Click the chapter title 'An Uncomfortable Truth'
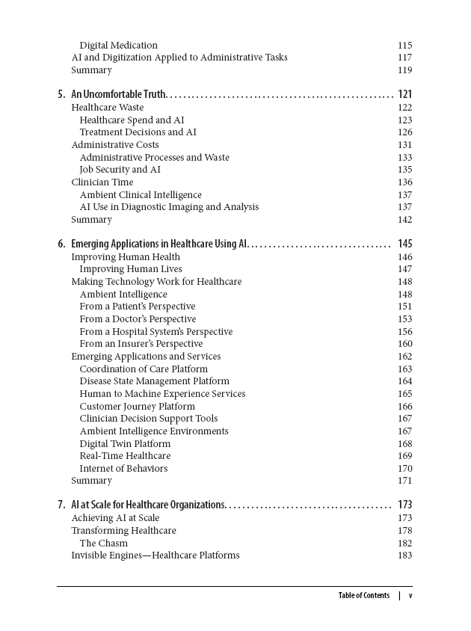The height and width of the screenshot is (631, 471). (118, 94)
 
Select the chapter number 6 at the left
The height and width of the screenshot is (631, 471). (61, 244)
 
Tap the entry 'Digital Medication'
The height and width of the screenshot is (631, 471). (118, 45)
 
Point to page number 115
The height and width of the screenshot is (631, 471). (404, 45)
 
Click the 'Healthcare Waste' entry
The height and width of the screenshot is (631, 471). (107, 107)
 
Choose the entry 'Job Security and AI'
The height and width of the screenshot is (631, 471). (120, 170)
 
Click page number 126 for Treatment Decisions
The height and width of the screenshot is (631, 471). (404, 132)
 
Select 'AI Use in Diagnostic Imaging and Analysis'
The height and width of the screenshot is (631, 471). (169, 207)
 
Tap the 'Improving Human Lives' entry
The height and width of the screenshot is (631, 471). (131, 269)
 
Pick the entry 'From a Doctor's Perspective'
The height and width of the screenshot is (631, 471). (138, 319)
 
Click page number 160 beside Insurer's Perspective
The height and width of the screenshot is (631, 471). (404, 344)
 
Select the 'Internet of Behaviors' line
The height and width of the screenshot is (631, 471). (123, 469)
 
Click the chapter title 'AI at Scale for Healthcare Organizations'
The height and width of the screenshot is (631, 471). (148, 505)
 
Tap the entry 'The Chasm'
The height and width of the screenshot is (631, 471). (103, 544)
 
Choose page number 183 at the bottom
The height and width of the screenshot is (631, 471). (404, 555)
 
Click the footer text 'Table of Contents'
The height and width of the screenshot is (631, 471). (363, 596)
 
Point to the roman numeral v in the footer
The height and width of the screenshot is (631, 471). (410, 596)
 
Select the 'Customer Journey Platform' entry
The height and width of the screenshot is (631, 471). (137, 406)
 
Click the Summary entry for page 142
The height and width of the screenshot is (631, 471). (91, 220)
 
